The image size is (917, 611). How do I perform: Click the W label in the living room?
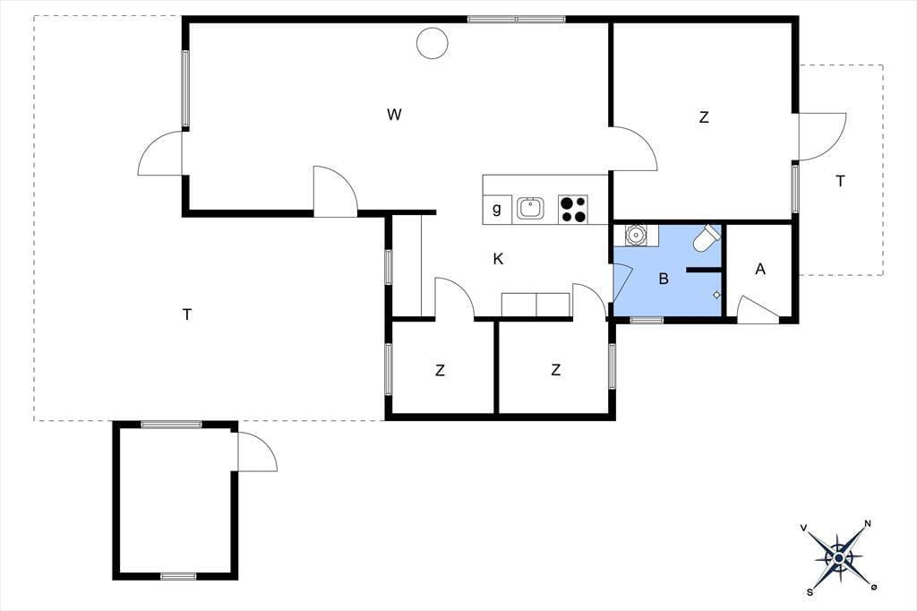pyautogui.click(x=394, y=114)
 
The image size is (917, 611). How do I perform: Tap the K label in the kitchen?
pyautogui.click(x=498, y=259)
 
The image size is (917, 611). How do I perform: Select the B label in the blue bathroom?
pyautogui.click(x=664, y=279)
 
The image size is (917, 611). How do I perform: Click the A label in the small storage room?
pyautogui.click(x=760, y=269)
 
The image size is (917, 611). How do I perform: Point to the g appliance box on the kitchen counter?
pyautogui.click(x=497, y=210)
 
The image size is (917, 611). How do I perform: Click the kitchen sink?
pyautogui.click(x=530, y=209)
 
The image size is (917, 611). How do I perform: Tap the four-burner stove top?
pyautogui.click(x=573, y=210)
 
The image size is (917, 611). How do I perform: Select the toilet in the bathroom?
pyautogui.click(x=707, y=237)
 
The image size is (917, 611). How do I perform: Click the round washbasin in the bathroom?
pyautogui.click(x=635, y=235)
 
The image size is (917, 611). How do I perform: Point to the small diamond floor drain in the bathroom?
pyautogui.click(x=717, y=295)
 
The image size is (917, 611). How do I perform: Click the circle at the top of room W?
pyautogui.click(x=433, y=43)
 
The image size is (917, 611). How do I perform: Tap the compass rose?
pyautogui.click(x=838, y=558)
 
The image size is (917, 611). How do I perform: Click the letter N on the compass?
pyautogui.click(x=868, y=524)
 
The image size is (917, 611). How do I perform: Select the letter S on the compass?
pyautogui.click(x=810, y=592)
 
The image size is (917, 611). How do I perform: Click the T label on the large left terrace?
pyautogui.click(x=187, y=314)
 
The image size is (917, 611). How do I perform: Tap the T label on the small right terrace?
pyautogui.click(x=840, y=182)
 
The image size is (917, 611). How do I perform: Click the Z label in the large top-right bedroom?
pyautogui.click(x=704, y=117)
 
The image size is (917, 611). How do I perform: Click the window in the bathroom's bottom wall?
pyautogui.click(x=647, y=320)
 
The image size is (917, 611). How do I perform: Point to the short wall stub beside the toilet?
pyautogui.click(x=705, y=270)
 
